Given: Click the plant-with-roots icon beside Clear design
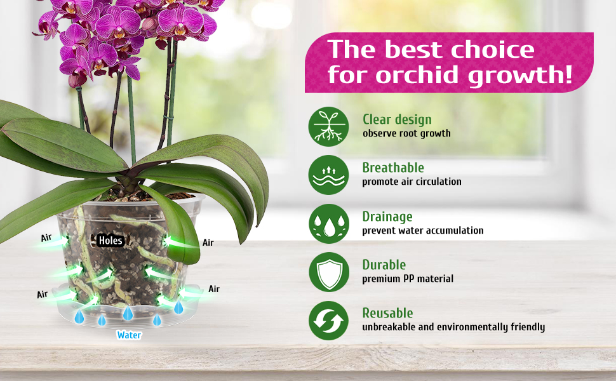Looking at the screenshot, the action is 328,126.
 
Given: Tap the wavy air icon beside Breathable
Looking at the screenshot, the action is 328,175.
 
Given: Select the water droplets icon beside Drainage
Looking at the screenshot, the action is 329,224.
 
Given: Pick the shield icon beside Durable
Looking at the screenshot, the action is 329,272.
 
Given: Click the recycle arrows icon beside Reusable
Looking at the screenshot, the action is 328,321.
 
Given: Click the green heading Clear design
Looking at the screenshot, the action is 397,119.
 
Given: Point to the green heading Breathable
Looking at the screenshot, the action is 393,168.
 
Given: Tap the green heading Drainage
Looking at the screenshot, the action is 387,217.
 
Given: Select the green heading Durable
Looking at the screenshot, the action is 384,265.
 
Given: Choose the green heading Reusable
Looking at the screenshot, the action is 387,313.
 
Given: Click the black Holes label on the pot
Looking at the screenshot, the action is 110,241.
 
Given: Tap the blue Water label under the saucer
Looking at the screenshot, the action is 130,335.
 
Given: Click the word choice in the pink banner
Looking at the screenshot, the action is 492,50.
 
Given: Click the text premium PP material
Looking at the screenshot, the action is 408,279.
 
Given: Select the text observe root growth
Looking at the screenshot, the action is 406,133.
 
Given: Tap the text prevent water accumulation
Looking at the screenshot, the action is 423,230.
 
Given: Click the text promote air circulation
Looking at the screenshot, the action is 412,182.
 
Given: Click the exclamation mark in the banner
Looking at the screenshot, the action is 568,74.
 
